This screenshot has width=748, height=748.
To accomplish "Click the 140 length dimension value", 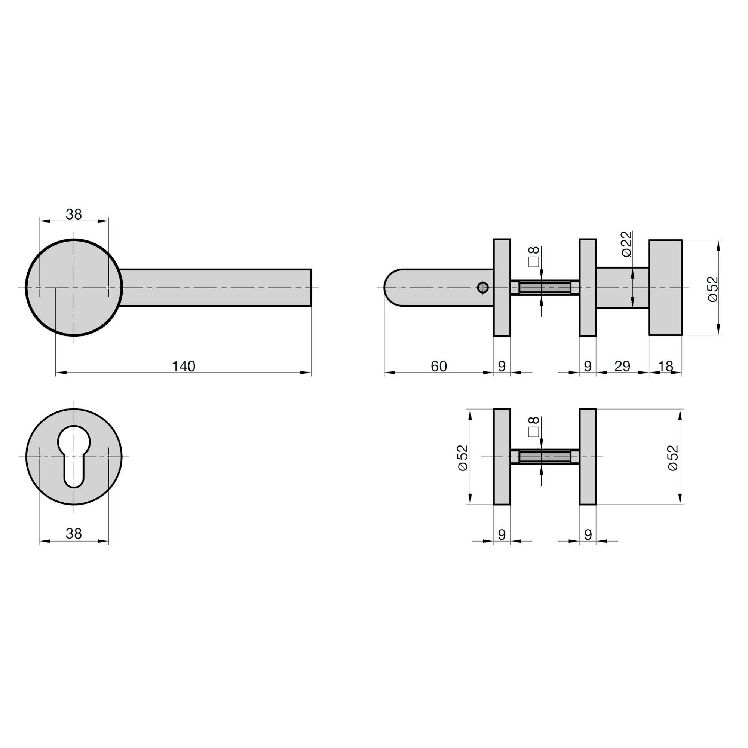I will pyautogui.click(x=184, y=366).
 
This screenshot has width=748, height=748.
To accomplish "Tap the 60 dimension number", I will pyautogui.click(x=439, y=366).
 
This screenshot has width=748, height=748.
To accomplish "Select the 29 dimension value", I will pyautogui.click(x=622, y=366).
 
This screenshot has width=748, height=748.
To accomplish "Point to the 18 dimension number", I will pyautogui.click(x=666, y=366).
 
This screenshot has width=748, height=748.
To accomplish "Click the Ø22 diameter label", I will pyautogui.click(x=626, y=244).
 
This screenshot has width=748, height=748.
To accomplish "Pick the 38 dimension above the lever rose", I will pyautogui.click(x=74, y=214).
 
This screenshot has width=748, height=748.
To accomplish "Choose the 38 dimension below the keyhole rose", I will pyautogui.click(x=74, y=534).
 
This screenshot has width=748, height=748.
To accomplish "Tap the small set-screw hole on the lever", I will pyautogui.click(x=483, y=287).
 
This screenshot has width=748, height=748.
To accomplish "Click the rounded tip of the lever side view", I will pyautogui.click(x=389, y=288).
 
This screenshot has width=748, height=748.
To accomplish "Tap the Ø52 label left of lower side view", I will pyautogui.click(x=463, y=457).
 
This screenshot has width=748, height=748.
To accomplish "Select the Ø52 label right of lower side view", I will pyautogui.click(x=673, y=457).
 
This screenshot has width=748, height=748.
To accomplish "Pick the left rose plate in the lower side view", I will pyautogui.click(x=502, y=457).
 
